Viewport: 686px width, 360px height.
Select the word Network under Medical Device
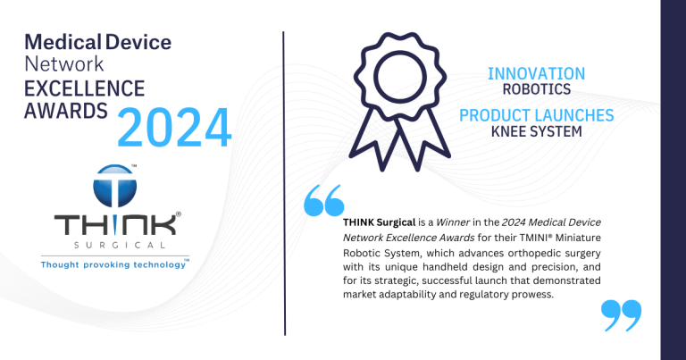click(x=64, y=64)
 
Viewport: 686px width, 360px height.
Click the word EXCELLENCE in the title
click(x=84, y=88)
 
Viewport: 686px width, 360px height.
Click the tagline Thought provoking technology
click(x=115, y=264)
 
